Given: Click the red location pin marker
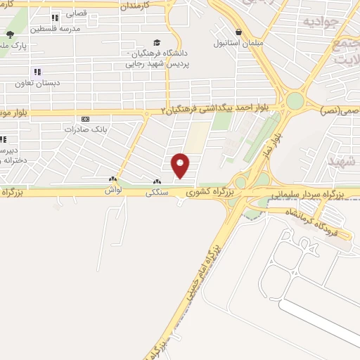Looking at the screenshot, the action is [181, 165].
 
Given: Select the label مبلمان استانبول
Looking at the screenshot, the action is [240, 42].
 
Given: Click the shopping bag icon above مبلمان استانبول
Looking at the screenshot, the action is [240, 32].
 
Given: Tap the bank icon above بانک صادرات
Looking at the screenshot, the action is [86, 120].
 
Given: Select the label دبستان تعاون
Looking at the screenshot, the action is [37, 82].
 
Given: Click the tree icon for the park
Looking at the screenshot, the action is [9, 34].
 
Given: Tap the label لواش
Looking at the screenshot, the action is [114, 190].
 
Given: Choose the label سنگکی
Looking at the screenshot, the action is [156, 191].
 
